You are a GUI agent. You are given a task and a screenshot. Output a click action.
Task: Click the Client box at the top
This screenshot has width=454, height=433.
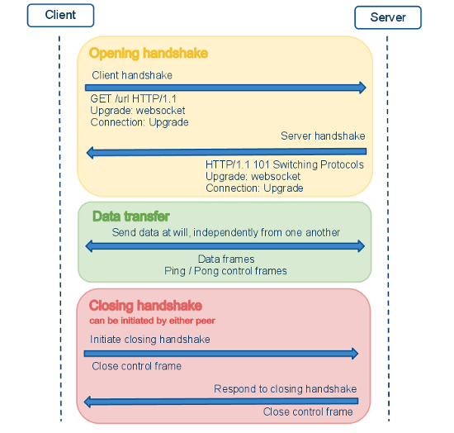tap(59, 14)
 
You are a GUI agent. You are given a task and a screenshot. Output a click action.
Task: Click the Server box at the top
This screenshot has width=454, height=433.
tap(388, 17)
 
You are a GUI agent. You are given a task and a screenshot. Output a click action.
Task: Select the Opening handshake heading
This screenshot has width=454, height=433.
tap(149, 54)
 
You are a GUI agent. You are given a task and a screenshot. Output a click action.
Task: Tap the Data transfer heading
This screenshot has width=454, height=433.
tap(131, 216)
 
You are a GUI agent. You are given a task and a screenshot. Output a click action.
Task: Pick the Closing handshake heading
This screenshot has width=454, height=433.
tap(145, 306)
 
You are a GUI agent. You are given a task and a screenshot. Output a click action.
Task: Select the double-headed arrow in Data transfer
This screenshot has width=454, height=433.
tap(225, 246)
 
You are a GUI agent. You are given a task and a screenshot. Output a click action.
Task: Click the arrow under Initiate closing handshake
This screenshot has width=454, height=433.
tap(221, 354)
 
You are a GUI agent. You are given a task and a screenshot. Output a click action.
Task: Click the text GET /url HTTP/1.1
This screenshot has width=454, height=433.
tap(135, 99)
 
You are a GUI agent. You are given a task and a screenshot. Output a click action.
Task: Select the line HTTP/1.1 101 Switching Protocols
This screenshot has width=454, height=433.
tap(285, 164)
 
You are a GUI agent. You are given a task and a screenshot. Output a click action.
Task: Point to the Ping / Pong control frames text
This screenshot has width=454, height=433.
tap(226, 271)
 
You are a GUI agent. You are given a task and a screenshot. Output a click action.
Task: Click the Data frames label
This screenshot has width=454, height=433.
tap(226, 259)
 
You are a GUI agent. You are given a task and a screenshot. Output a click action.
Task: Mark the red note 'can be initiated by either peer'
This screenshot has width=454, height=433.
tap(153, 320)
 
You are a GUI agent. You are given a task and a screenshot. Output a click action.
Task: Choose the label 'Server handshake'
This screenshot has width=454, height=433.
tap(323, 136)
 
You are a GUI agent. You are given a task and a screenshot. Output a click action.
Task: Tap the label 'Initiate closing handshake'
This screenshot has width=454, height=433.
tap(150, 339)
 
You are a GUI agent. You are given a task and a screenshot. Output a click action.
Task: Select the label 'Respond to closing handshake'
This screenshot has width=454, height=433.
tap(285, 388)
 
